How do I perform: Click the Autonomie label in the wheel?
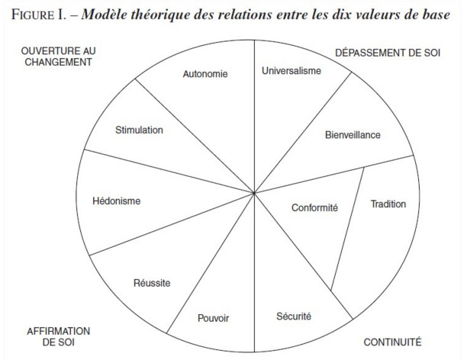pyautogui.click(x=205, y=74)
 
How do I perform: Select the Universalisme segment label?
pyautogui.click(x=291, y=71)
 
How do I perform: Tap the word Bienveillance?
pyautogui.click(x=353, y=135)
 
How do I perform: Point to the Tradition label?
pyautogui.click(x=388, y=204)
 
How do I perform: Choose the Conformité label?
pyautogui.click(x=314, y=207)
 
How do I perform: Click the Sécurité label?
pyautogui.click(x=294, y=316)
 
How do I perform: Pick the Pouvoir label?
pyautogui.click(x=213, y=318)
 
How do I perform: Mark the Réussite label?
pyautogui.click(x=152, y=282)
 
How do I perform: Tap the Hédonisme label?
pyautogui.click(x=117, y=201)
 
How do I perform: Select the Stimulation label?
pyautogui.click(x=139, y=130)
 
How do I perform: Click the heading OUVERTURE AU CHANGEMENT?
pyautogui.click(x=58, y=56)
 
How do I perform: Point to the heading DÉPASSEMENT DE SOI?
pyautogui.click(x=388, y=53)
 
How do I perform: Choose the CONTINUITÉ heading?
pyautogui.click(x=392, y=342)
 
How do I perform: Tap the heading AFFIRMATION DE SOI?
pyautogui.click(x=58, y=336)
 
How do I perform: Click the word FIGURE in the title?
pyautogui.click(x=33, y=14)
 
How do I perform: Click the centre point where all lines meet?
pyautogui.click(x=254, y=193)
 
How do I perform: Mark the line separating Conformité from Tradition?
pyautogui.click(x=347, y=229)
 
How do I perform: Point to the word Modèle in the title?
pyautogui.click(x=104, y=14)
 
